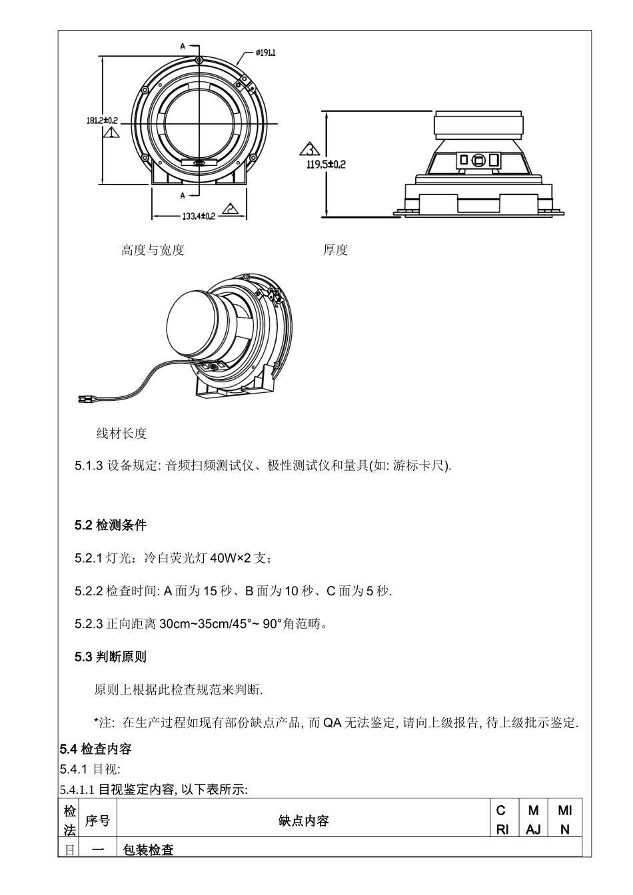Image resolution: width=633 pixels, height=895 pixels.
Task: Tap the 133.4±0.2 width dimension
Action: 199,216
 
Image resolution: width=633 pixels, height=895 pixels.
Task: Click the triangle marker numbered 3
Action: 310,148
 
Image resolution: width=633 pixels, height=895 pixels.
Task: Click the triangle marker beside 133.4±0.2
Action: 231,208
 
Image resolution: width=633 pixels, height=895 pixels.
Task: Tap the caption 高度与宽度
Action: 153,250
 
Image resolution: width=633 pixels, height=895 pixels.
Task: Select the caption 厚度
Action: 336,250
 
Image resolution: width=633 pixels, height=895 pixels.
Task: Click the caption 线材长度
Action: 121,434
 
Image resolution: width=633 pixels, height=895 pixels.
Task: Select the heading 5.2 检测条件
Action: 111,525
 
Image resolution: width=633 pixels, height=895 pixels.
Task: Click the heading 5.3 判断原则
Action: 111,657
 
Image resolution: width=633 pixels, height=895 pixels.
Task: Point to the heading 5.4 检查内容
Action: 96,749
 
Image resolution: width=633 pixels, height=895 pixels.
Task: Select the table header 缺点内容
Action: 303,821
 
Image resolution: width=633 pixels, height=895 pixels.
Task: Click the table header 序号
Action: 97,821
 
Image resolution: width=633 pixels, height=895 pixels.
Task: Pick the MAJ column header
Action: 533,820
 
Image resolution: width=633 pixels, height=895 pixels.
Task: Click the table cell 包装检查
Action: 148,850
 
